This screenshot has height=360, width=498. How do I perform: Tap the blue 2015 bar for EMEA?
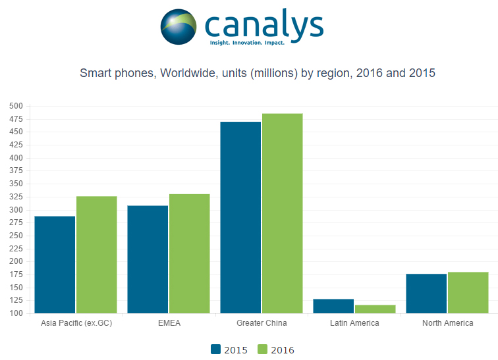tap(148, 259)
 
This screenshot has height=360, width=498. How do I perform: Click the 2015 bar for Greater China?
tap(240, 217)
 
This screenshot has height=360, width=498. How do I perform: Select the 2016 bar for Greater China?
tap(282, 213)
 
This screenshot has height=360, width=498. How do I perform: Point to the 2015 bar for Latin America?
tap(333, 306)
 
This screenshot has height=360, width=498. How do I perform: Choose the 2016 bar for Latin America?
tap(375, 309)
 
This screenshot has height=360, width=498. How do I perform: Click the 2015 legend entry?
tap(229, 349)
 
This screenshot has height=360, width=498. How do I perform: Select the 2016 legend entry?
tap(275, 349)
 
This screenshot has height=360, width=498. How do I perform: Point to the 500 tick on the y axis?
tap(16, 106)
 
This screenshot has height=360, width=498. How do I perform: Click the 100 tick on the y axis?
tap(16, 313)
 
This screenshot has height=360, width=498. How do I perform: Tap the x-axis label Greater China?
tap(262, 323)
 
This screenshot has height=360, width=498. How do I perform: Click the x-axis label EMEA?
tap(169, 323)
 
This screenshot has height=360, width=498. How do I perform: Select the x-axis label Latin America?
tap(354, 323)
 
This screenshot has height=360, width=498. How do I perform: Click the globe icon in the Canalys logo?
tap(179, 26)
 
